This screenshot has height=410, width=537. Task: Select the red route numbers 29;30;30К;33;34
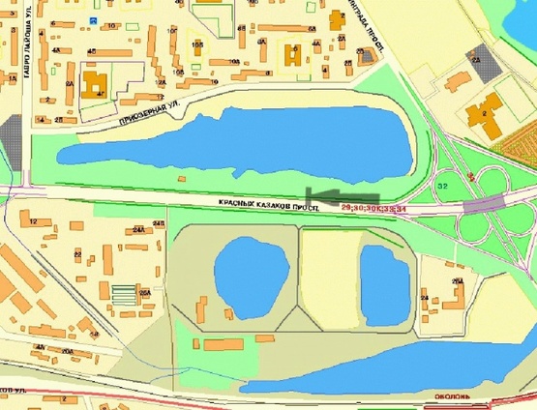pos(377,208)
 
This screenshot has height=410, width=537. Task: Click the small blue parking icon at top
pos(92,20)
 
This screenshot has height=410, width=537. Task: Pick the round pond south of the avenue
pos(250,277)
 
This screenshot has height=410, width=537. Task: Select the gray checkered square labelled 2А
pos(483,64)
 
